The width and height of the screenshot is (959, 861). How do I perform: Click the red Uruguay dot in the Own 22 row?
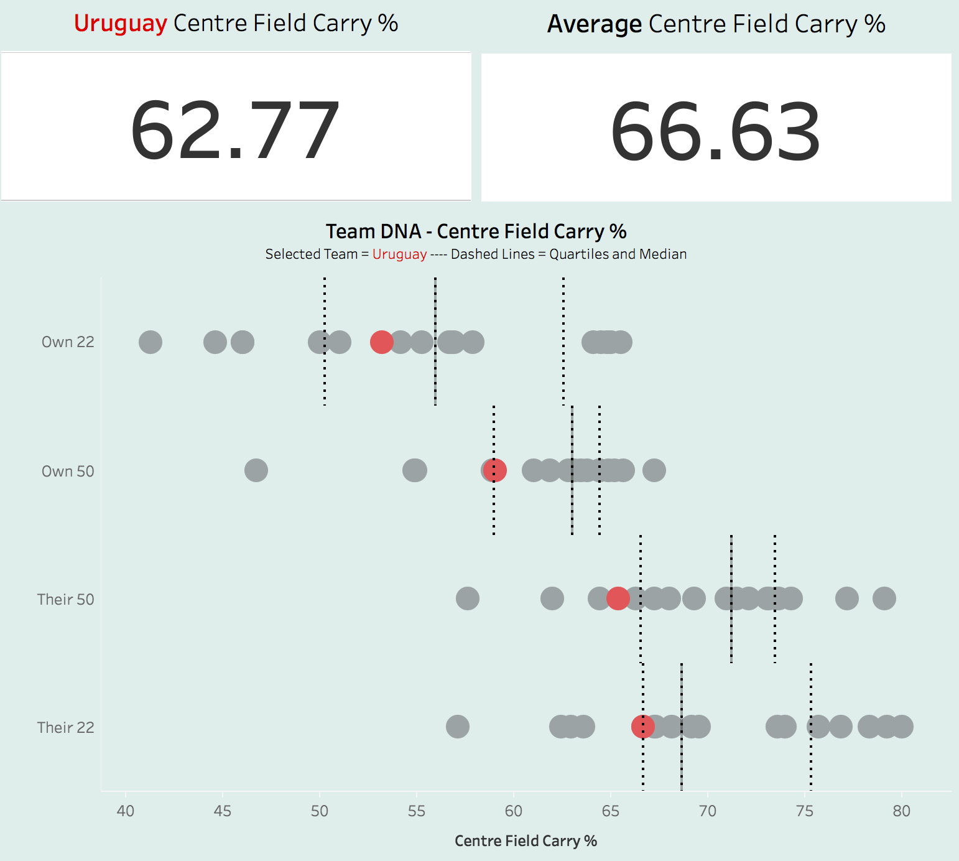(x=382, y=342)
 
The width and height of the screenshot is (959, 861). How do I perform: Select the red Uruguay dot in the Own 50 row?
(x=495, y=470)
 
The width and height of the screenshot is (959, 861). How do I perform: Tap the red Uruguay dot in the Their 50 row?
(x=618, y=598)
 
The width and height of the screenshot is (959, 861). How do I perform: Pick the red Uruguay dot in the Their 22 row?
(x=642, y=726)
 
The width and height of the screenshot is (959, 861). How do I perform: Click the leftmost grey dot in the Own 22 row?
(x=151, y=342)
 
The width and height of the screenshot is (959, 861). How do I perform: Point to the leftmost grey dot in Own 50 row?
(x=256, y=470)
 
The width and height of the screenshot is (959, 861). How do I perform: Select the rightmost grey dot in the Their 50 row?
(x=884, y=598)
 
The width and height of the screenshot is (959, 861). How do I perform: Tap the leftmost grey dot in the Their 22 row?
(x=458, y=726)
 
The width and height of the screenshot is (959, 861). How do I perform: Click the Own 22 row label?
(x=68, y=342)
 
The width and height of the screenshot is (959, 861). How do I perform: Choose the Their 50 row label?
(x=65, y=599)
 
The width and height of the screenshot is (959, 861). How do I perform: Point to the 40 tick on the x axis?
(x=126, y=811)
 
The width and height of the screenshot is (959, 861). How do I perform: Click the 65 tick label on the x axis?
(x=611, y=811)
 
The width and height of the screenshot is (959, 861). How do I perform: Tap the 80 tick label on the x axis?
(x=901, y=811)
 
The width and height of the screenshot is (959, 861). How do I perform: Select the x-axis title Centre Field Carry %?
(x=526, y=841)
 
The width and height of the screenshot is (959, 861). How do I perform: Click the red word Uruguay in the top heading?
(x=121, y=24)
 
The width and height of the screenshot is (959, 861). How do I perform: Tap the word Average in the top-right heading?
(x=594, y=24)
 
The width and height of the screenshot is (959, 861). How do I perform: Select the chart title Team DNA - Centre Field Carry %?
(x=476, y=231)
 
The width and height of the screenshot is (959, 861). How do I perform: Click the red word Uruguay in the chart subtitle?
(x=399, y=254)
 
